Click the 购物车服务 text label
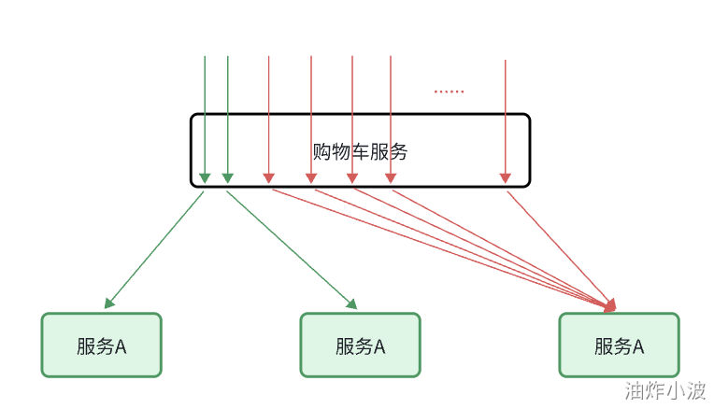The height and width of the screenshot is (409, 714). (361, 151)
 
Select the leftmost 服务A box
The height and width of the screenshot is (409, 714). (101, 346)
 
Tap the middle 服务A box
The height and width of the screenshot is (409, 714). (360, 346)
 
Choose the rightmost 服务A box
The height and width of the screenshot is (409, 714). (619, 346)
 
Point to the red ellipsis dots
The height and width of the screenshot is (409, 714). (449, 92)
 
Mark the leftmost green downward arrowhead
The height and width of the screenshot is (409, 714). (205, 176)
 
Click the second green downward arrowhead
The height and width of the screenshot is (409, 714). (228, 176)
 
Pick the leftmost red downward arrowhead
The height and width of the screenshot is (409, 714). (268, 176)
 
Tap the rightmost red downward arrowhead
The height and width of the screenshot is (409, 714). (506, 176)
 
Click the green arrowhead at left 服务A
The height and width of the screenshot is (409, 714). (110, 302)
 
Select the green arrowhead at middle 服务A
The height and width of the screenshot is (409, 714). (352, 303)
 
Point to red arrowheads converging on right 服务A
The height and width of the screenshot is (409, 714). (610, 304)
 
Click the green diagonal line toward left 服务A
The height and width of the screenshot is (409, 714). (157, 248)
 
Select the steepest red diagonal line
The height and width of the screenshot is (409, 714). (559, 248)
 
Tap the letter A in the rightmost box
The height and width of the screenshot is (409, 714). (638, 346)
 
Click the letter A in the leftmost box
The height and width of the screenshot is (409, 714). (121, 346)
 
